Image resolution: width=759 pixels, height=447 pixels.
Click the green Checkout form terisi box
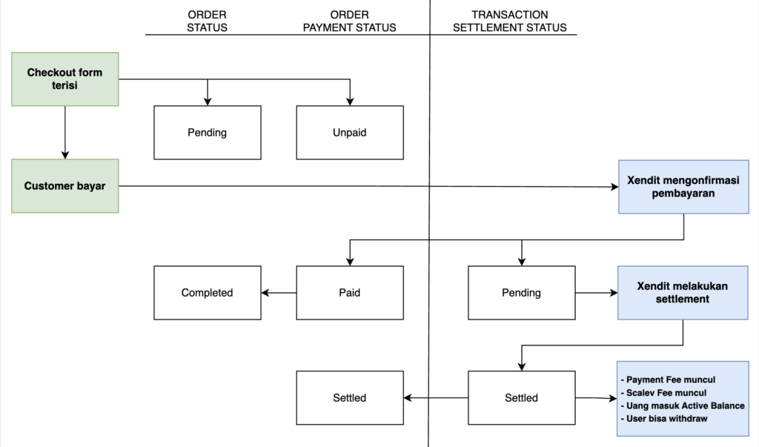tap(65, 79)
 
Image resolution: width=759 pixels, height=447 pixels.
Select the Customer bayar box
tap(65, 186)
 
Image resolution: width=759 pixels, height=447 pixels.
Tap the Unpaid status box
tap(350, 133)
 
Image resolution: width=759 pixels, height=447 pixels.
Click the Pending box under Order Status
tap(208, 133)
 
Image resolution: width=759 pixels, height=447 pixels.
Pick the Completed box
tap(208, 293)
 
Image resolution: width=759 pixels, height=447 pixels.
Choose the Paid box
tap(350, 293)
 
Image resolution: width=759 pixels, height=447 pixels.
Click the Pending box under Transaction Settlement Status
tap(521, 293)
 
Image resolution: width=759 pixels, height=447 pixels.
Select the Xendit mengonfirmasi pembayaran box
tap(683, 187)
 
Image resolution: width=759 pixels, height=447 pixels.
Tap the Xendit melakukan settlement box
tap(683, 293)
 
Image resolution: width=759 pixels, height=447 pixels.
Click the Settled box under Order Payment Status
tap(350, 398)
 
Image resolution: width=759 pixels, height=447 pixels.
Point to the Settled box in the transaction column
tap(521, 398)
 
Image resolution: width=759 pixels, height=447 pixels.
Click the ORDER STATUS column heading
tap(208, 21)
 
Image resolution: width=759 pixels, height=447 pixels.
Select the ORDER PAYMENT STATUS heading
tap(350, 21)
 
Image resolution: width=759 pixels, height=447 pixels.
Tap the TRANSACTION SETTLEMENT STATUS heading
tap(510, 21)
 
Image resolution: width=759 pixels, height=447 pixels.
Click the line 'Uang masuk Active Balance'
tap(683, 405)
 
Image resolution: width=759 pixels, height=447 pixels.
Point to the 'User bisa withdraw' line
tap(663, 419)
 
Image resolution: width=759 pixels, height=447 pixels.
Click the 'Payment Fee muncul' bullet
tap(668, 380)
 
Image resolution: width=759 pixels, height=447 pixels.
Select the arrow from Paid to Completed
tap(279, 293)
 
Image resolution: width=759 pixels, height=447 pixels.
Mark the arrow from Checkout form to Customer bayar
tap(65, 132)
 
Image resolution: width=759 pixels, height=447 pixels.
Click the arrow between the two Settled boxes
tap(436, 398)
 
